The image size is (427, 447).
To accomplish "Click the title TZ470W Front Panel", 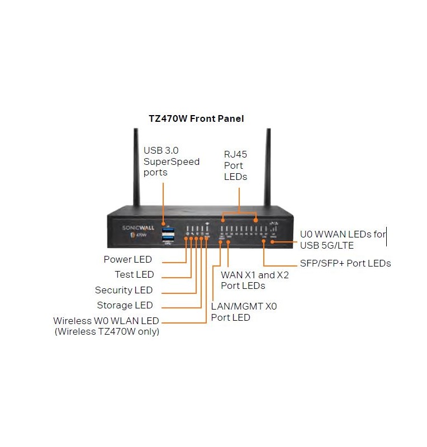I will [x=196, y=119].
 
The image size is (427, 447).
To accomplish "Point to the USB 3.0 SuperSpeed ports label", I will [x=171, y=161].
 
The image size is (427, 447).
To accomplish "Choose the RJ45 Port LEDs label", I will [x=235, y=165].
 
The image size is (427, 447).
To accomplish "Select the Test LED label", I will [x=134, y=274].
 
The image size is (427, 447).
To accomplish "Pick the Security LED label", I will [x=124, y=290].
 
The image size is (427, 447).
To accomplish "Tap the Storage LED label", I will [x=125, y=305].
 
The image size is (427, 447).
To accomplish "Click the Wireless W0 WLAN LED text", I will [x=106, y=321].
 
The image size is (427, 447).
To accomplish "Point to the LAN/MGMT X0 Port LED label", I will [x=244, y=312].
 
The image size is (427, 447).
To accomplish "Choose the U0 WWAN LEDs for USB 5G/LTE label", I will [x=342, y=240].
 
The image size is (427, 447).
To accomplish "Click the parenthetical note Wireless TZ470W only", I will [x=107, y=331].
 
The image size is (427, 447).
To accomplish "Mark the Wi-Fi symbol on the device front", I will [x=207, y=223].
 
